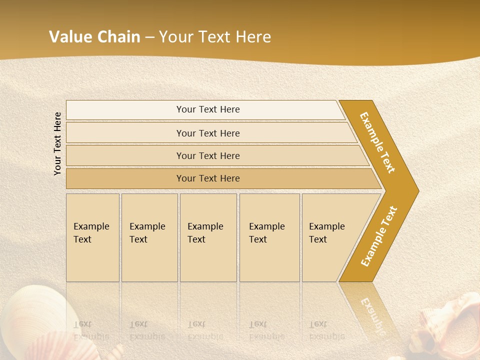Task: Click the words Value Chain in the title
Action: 94,37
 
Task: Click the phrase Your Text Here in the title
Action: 215,37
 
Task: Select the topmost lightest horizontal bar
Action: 207,109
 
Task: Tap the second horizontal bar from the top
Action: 207,133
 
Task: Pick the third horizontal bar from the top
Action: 207,155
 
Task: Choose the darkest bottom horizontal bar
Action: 207,178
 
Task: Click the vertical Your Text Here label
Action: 57,143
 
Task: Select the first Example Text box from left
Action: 92,237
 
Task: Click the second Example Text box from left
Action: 149,237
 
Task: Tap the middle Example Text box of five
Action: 208,237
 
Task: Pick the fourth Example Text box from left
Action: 269,237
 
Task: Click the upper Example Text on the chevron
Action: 377,142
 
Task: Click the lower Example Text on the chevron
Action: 379,236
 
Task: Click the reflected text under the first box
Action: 91,330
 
